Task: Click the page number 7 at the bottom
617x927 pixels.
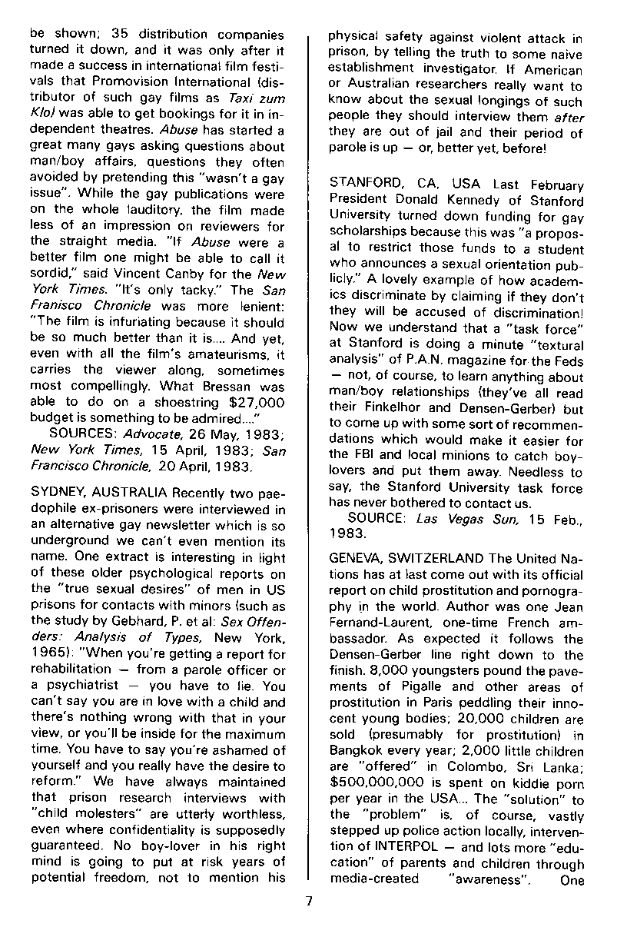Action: (308, 902)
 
